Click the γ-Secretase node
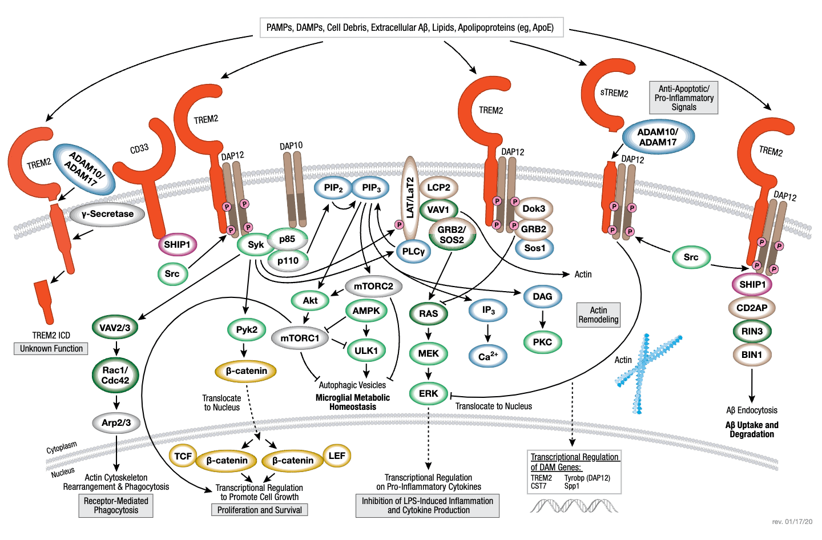coord(107,214)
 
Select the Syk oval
coord(255,245)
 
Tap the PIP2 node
coord(333,188)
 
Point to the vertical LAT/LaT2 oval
coord(409,198)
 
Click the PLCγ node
coord(413,251)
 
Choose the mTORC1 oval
coord(300,338)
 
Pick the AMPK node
coord(366,311)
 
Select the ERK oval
coord(428,393)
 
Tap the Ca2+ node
coord(487,356)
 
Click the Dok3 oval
coord(534,209)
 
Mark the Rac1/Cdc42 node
coord(115,375)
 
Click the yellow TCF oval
coord(183,456)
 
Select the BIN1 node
coord(751,354)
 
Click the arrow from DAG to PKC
coord(542,319)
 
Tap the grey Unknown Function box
coord(51,349)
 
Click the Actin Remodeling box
coord(598,315)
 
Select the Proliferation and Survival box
coord(259,510)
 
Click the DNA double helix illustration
coord(573,506)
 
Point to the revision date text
coord(792,522)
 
